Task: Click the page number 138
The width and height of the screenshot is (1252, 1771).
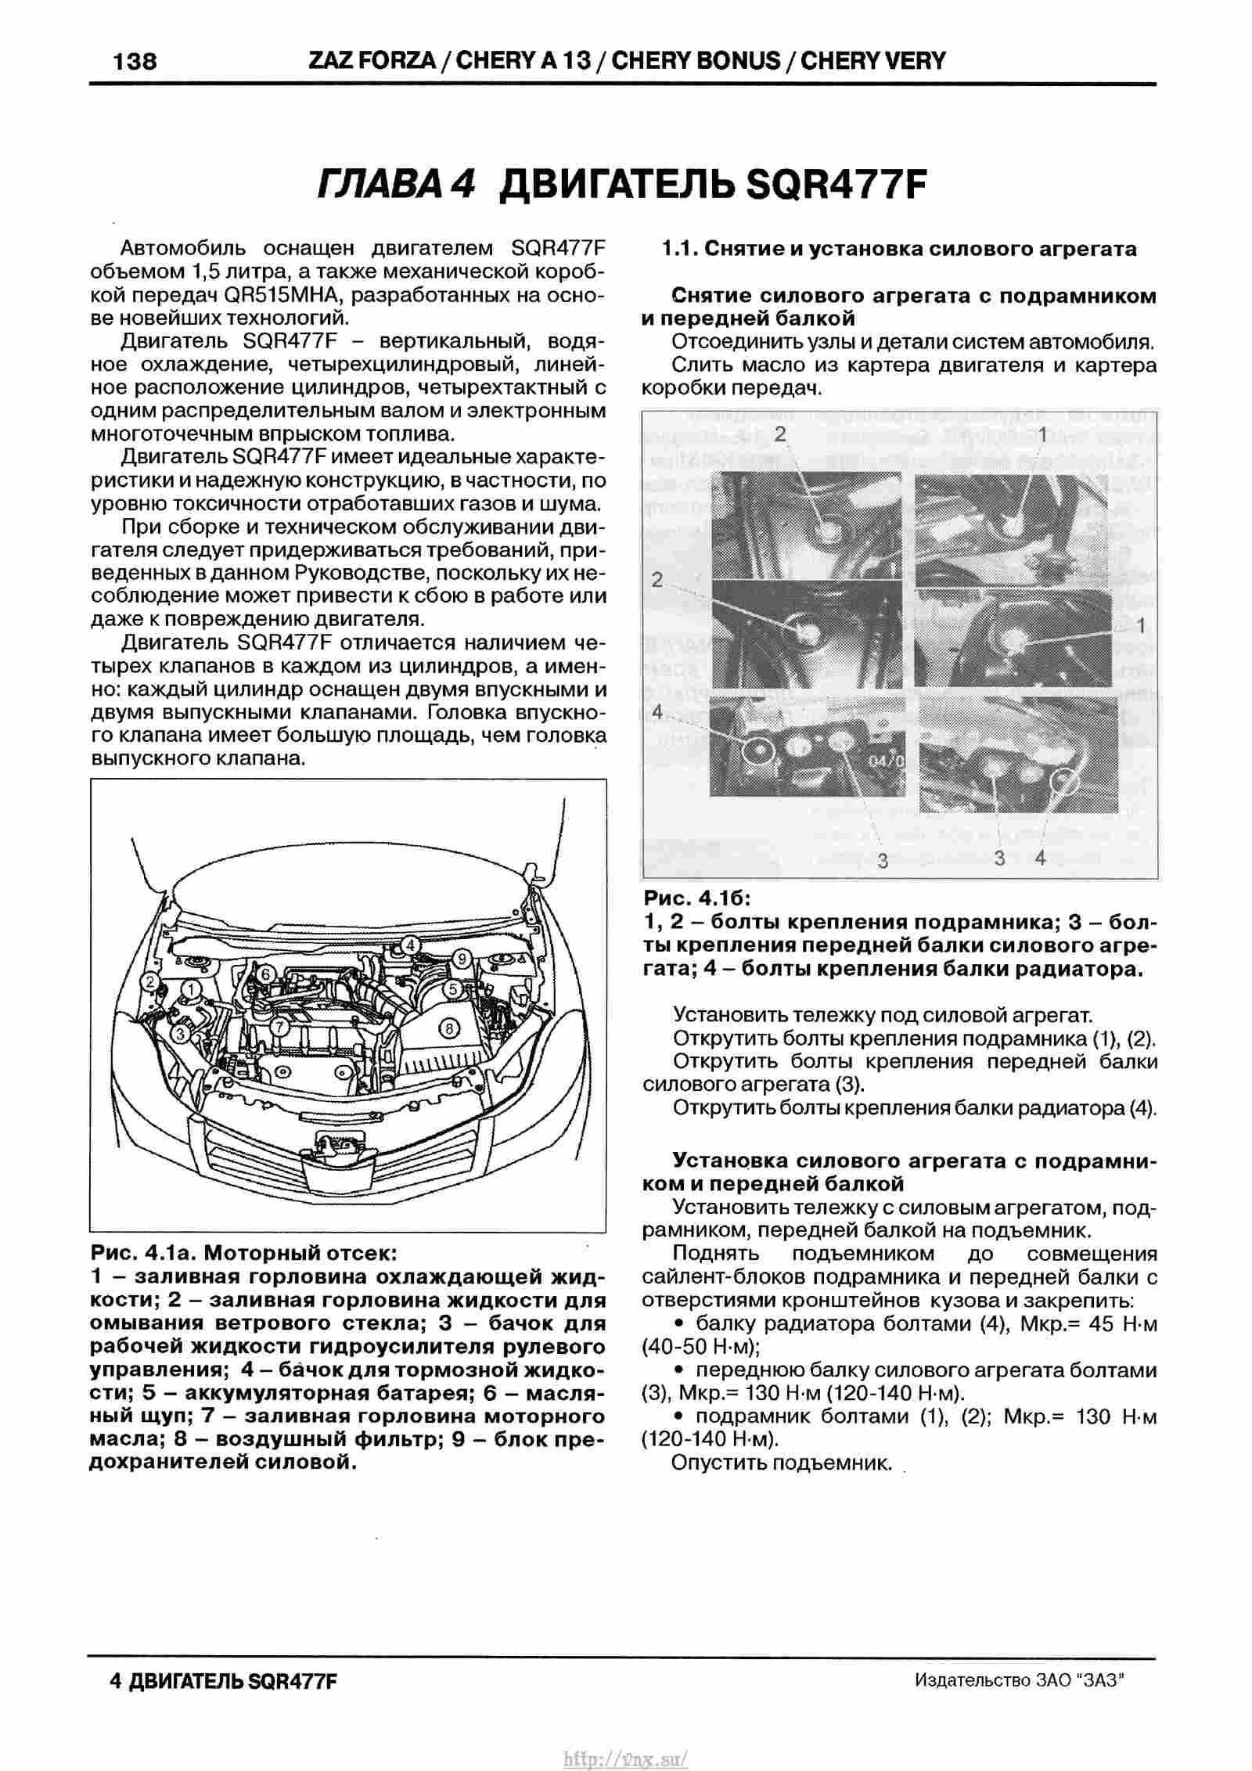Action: click(135, 61)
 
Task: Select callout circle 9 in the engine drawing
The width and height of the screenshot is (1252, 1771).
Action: click(462, 958)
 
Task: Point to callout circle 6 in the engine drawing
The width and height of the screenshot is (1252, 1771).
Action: click(265, 974)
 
